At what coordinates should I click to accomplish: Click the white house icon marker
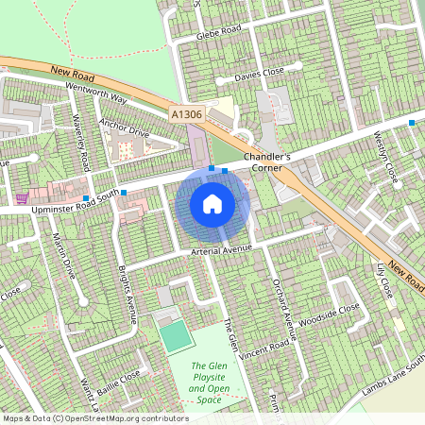tap(212, 203)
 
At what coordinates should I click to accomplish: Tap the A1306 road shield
tap(187, 114)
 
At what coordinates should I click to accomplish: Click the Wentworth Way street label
tap(96, 92)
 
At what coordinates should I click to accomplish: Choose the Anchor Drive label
tap(123, 127)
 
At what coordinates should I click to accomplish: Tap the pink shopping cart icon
tap(21, 198)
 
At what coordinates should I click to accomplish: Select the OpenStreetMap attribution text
tap(94, 418)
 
